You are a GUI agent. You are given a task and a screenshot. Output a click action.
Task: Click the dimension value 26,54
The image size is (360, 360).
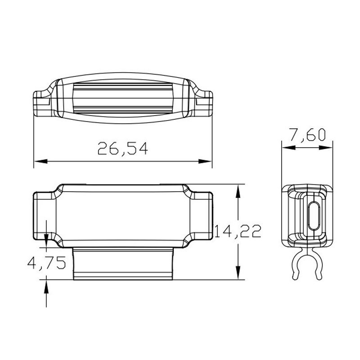(x=122, y=148)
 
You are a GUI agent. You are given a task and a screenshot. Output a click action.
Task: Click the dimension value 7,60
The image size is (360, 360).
(x=307, y=134)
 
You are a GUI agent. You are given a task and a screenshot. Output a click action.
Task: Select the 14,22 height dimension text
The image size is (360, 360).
(x=238, y=231)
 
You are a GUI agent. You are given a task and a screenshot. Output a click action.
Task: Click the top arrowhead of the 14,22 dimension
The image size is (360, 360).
(x=237, y=189)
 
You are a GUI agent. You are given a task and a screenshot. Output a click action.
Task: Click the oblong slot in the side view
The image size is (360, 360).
(x=314, y=216)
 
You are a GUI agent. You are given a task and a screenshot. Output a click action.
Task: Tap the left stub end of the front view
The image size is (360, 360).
(x=44, y=215)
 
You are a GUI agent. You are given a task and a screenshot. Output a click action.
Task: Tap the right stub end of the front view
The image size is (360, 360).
(x=201, y=215)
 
